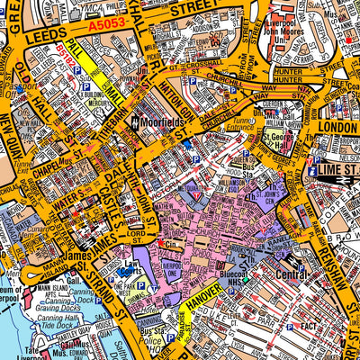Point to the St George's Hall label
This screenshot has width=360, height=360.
coord(282,140)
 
